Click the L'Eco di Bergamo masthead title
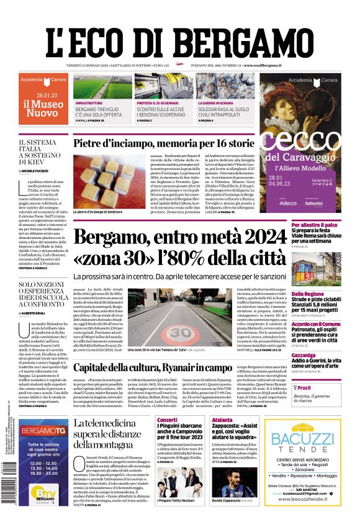179,43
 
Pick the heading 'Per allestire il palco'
315,224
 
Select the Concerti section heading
167,420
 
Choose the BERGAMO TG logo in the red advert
45,431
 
